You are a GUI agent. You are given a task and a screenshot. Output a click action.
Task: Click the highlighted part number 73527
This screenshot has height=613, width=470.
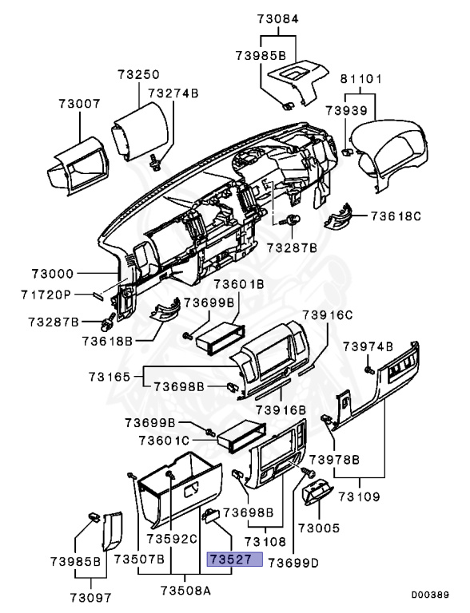click(x=234, y=560)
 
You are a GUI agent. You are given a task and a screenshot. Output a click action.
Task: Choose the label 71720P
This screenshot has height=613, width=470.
click(x=46, y=295)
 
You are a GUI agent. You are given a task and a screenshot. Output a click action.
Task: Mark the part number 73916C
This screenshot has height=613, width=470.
click(x=326, y=314)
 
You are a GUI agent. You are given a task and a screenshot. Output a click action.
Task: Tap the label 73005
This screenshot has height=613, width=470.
click(x=318, y=528)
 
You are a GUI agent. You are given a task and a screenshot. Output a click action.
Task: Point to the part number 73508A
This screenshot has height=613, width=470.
click(x=185, y=591)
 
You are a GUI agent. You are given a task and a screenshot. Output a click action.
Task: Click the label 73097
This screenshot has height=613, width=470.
click(x=90, y=596)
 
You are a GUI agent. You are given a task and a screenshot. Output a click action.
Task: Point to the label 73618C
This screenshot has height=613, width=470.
click(x=395, y=216)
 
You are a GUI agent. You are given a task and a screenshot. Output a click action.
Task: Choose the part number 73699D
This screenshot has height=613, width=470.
click(x=293, y=562)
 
